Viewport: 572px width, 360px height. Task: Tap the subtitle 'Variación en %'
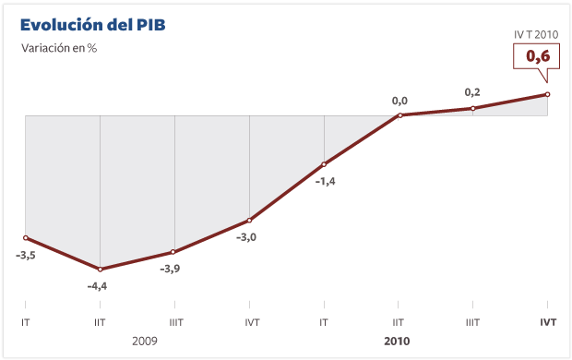(x=60, y=48)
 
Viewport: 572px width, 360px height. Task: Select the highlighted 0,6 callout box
(x=535, y=58)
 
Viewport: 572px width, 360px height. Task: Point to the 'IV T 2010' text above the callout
(x=535, y=34)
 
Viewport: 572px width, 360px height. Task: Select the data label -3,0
(x=246, y=237)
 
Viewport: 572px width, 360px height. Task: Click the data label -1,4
(x=325, y=182)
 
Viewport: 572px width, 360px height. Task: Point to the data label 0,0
(x=399, y=101)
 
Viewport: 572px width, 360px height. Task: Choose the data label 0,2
(x=472, y=92)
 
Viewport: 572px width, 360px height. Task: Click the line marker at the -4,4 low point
(x=101, y=270)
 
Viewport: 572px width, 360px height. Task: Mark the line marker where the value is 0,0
(x=399, y=115)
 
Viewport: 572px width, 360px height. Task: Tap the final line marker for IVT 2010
(x=548, y=94)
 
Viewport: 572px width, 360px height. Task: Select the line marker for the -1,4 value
(x=324, y=164)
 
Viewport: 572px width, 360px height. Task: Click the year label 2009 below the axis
(x=144, y=342)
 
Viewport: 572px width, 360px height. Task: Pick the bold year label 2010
(x=397, y=342)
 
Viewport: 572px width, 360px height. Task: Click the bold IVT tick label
(x=547, y=321)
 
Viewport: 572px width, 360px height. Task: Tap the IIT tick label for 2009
(x=100, y=321)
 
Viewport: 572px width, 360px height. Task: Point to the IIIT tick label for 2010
(x=472, y=321)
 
